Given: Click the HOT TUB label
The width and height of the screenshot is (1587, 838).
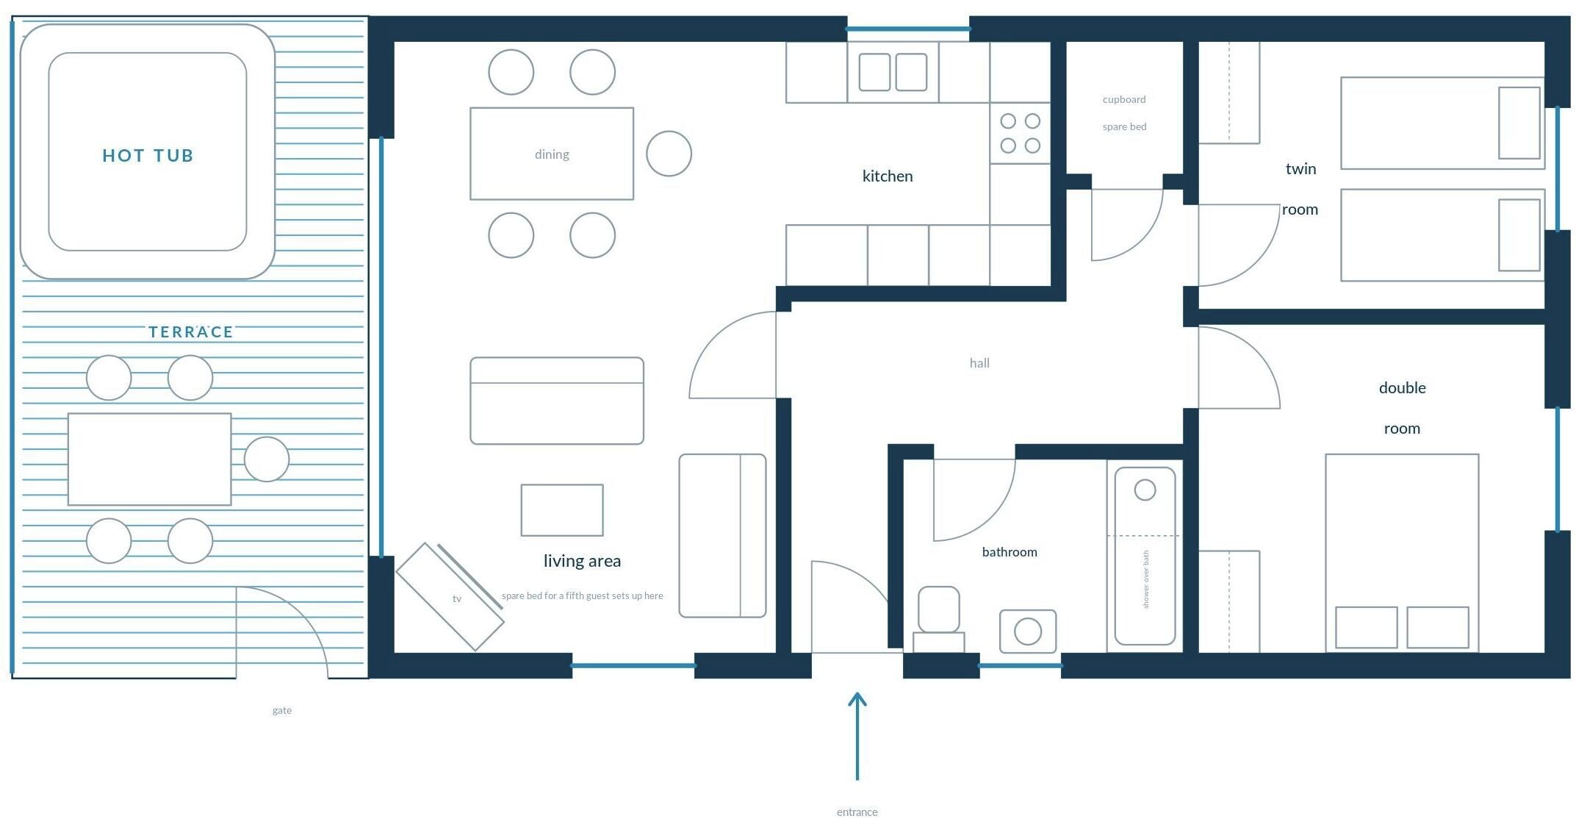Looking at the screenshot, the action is click(x=148, y=155).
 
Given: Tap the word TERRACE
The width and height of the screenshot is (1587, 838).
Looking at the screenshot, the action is click(x=191, y=332).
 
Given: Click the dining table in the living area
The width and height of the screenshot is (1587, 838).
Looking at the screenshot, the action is click(x=552, y=154).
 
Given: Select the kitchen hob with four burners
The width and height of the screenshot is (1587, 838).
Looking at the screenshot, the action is click(x=1020, y=133).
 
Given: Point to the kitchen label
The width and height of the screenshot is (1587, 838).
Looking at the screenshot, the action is click(x=888, y=176).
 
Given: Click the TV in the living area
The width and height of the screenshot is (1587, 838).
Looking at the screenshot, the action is click(x=450, y=597).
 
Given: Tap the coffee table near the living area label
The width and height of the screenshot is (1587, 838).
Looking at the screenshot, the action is click(x=562, y=510).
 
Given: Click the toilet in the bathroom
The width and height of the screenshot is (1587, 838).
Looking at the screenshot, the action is click(x=939, y=619).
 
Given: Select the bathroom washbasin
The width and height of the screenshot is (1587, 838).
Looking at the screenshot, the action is click(x=1028, y=631).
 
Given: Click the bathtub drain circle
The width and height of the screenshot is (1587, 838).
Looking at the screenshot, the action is click(x=1145, y=490).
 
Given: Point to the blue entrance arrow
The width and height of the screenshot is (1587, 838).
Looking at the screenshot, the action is click(x=857, y=735).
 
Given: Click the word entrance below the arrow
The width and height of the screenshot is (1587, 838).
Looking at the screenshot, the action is click(x=857, y=812).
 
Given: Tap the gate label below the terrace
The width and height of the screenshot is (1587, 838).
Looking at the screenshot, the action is click(x=282, y=711).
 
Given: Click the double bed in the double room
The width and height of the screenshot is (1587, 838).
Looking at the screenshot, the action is click(x=1402, y=553).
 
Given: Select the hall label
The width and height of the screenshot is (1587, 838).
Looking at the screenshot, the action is click(x=979, y=363).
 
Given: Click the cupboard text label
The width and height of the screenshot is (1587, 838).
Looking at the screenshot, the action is click(x=1124, y=99).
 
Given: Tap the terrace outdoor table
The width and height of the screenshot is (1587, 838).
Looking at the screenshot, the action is click(x=149, y=459).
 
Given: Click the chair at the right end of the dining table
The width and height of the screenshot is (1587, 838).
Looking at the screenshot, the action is click(x=669, y=154).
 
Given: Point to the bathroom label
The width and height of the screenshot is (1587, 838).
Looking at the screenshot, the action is click(x=1010, y=552).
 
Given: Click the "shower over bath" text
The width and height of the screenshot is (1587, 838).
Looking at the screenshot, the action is click(x=1145, y=579).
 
